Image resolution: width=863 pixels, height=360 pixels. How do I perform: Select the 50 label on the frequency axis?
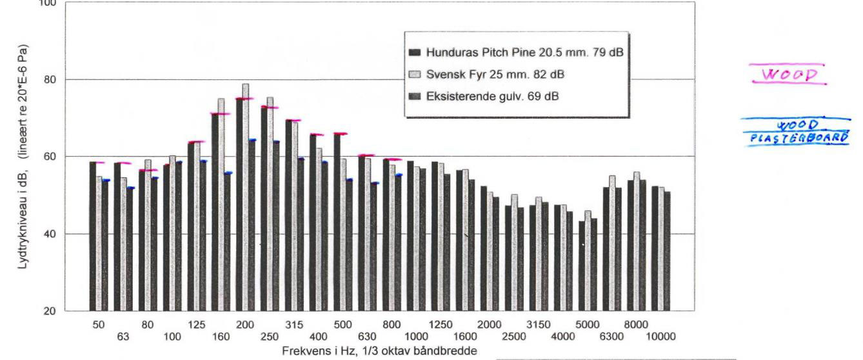point(98,325)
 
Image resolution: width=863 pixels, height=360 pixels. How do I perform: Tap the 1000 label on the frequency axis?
point(417,337)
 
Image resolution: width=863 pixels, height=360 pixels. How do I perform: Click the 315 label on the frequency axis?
point(294,325)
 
